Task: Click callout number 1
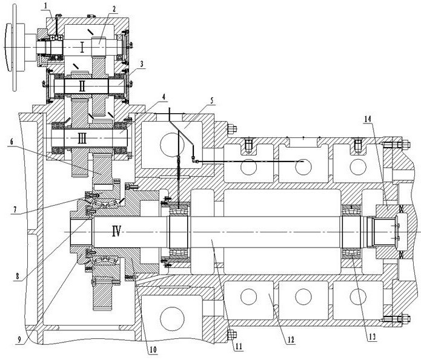point(47,5)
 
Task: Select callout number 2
point(114,9)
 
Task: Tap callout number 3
point(142,64)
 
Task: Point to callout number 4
point(164,97)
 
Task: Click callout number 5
point(211,101)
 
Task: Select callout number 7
point(15,209)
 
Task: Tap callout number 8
point(18,277)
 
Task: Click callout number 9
point(19,339)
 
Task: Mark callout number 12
point(291,340)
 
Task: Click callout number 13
point(372,336)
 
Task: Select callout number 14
point(368,119)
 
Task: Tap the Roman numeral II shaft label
point(82,87)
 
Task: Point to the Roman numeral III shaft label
point(82,139)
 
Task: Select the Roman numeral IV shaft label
point(116,231)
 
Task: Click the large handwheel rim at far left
point(8,47)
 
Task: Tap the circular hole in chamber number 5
point(172,145)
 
